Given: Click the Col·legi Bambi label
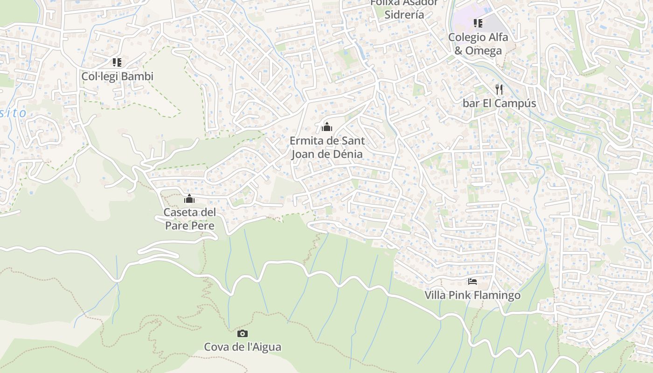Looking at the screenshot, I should pos(117,76).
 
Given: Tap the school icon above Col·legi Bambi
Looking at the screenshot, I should pos(117,62).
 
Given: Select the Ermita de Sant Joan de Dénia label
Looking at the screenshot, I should pos(327,147).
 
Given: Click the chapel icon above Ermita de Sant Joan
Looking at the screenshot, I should pos(327,126).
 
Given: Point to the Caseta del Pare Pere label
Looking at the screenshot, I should pos(189,219).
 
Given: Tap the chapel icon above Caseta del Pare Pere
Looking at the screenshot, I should pos(189,199).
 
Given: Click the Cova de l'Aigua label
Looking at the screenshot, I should pos(243,347).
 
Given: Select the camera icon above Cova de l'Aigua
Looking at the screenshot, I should pos(243,333).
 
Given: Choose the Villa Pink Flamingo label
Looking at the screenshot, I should pos(472,295).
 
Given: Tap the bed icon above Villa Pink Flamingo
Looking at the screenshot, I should pos(472,281).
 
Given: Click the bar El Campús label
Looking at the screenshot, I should pos(499,103).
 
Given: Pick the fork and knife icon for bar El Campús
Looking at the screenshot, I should pos(499,89).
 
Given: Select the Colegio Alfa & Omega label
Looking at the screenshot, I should pos(478,43).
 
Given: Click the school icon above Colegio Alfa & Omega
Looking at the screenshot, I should pos(478,23).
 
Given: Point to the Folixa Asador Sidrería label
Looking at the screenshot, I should pos(404,9).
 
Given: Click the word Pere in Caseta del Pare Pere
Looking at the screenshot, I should pos(202,226).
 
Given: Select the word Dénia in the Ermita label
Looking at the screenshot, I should pos(345,154).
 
